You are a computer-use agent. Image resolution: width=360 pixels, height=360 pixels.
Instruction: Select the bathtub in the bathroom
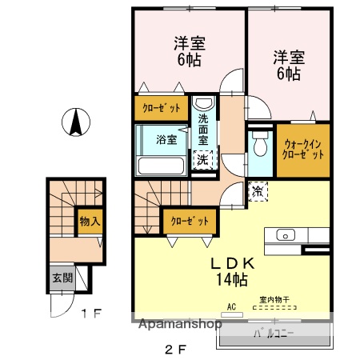(162, 166)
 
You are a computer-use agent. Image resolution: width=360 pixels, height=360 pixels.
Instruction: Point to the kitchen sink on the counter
(286, 235)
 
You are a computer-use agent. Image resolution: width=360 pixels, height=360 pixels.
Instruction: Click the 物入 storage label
(89, 221)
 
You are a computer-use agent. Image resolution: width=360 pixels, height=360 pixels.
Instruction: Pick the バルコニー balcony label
(275, 331)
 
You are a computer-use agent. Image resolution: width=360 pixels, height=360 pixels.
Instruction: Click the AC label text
(232, 306)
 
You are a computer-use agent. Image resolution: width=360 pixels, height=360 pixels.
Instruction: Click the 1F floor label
(90, 314)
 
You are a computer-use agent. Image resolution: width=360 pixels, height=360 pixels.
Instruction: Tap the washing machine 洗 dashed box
(203, 158)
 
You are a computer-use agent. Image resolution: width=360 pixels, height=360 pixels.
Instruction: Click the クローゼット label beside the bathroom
(162, 107)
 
